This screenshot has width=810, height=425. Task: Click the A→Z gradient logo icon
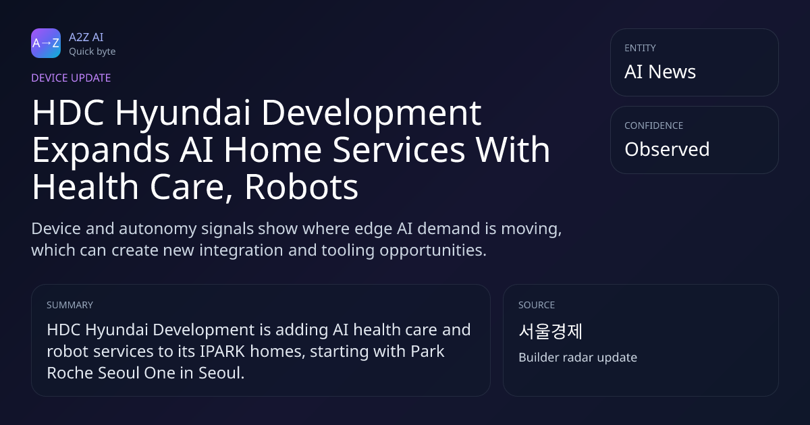pyautogui.click(x=46, y=43)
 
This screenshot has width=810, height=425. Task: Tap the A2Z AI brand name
pyautogui.click(x=86, y=37)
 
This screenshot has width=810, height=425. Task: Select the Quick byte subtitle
pyautogui.click(x=92, y=52)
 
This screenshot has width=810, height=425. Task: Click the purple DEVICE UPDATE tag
pyautogui.click(x=71, y=78)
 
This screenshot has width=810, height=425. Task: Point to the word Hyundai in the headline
pyautogui.click(x=183, y=114)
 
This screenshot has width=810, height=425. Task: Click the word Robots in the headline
pyautogui.click(x=302, y=187)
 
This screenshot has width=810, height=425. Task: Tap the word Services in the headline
pyautogui.click(x=398, y=150)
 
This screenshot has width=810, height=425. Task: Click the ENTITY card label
pyautogui.click(x=640, y=48)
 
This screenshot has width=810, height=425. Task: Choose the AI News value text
pyautogui.click(x=660, y=72)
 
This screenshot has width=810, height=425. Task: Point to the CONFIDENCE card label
pyautogui.click(x=654, y=125)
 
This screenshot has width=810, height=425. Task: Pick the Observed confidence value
pyautogui.click(x=667, y=149)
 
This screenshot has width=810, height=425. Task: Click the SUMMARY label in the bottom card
pyautogui.click(x=70, y=305)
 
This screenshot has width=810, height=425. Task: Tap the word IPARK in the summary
pyautogui.click(x=222, y=351)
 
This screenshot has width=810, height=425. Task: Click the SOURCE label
pyautogui.click(x=537, y=305)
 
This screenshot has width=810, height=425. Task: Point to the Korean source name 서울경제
pyautogui.click(x=550, y=331)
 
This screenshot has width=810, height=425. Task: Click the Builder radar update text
pyautogui.click(x=578, y=358)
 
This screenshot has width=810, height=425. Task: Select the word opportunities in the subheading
pyautogui.click(x=433, y=251)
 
